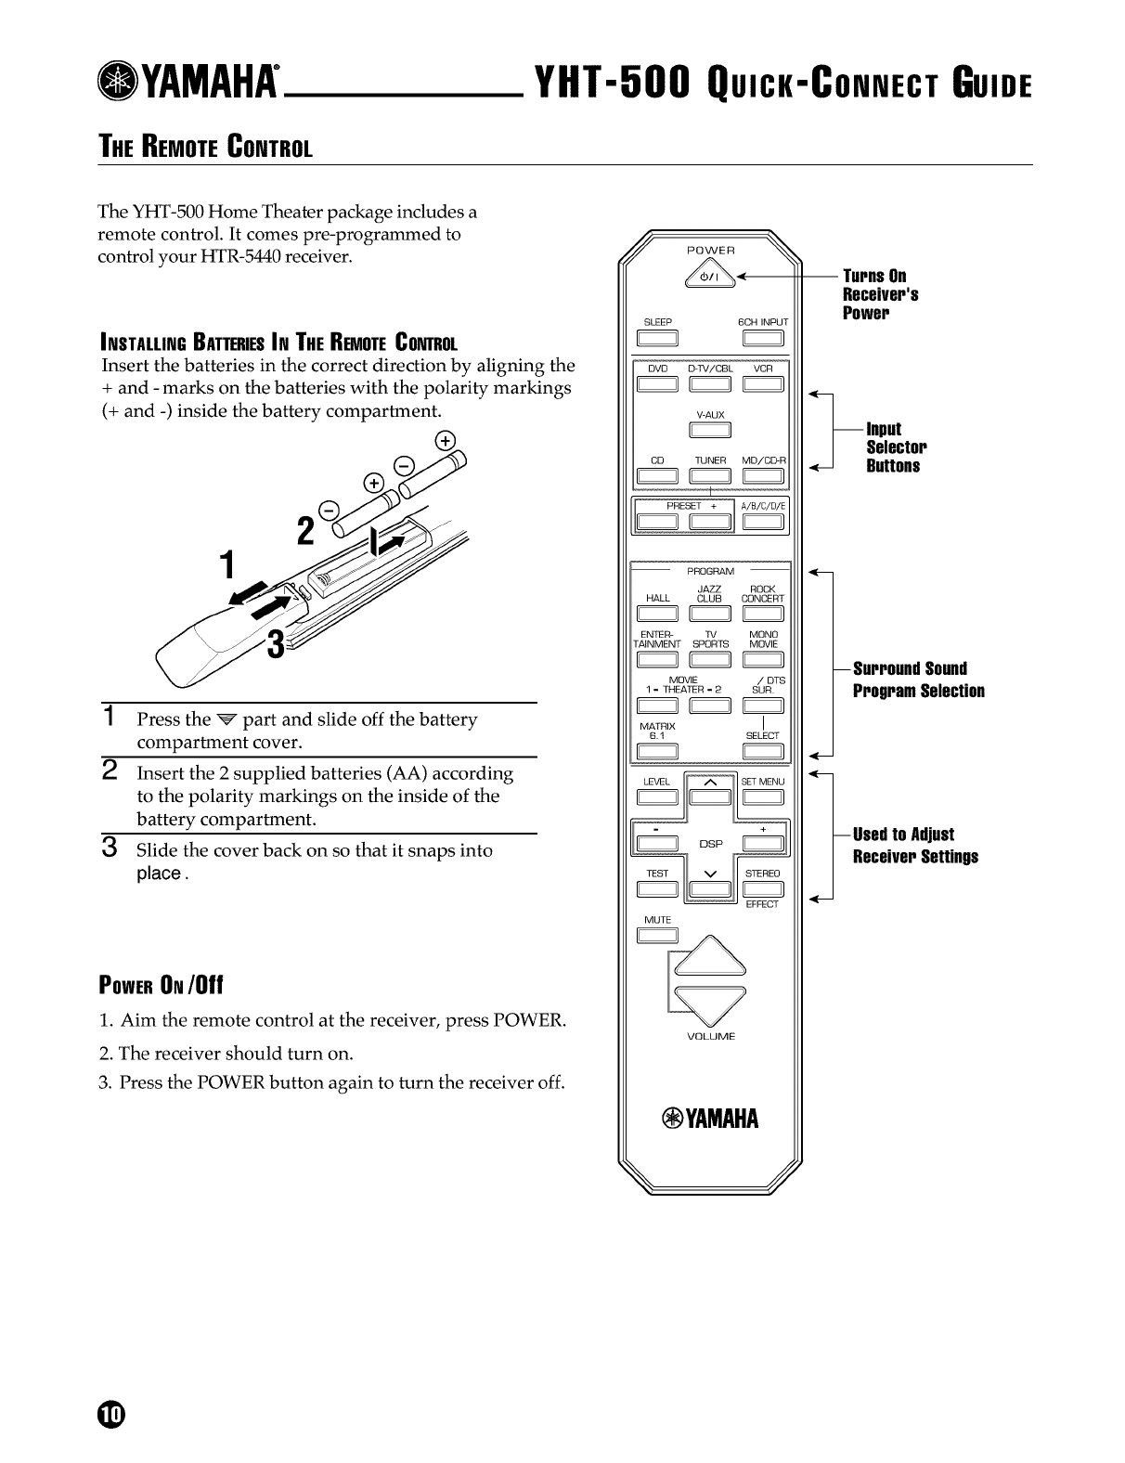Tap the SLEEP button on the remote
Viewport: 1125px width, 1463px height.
coord(657,338)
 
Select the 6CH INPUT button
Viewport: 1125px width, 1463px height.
coord(763,338)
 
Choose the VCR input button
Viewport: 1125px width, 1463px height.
coord(763,384)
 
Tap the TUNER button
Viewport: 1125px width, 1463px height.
coord(710,476)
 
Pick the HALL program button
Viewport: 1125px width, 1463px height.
coord(657,615)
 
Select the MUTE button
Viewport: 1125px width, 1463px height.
coord(657,935)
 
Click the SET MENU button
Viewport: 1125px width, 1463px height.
coord(763,797)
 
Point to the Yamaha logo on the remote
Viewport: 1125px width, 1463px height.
coord(710,1119)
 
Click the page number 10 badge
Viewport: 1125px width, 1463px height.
coord(110,1414)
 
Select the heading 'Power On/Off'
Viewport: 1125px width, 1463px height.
coord(162,985)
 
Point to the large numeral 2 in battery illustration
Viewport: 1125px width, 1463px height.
coord(304,531)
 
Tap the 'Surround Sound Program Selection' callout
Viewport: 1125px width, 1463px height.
coord(917,680)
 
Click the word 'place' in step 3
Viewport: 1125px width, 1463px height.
coord(159,874)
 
